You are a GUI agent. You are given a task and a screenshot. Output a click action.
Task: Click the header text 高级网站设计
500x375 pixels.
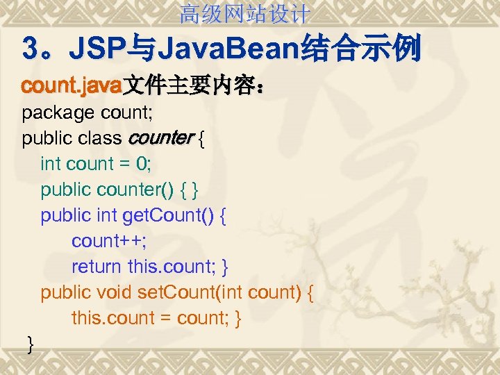pyautogui.click(x=245, y=12)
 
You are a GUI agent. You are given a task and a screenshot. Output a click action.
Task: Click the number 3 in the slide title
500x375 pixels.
pyautogui.click(x=31, y=50)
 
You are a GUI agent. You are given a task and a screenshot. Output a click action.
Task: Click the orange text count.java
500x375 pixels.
pyautogui.click(x=72, y=87)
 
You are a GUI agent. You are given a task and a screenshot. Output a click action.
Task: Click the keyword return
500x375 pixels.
pyautogui.click(x=97, y=267)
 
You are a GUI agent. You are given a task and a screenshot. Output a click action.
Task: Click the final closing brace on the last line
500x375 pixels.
pyautogui.click(x=29, y=343)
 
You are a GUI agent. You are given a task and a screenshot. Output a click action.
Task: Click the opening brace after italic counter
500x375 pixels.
pyautogui.click(x=201, y=138)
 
